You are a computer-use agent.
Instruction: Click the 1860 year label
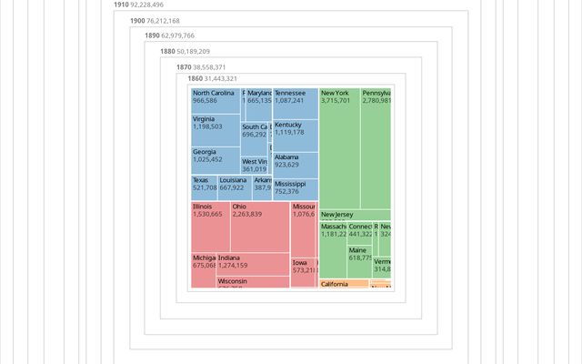click(x=195, y=79)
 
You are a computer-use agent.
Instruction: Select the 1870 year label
click(x=184, y=67)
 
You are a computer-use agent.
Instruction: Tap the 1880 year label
click(x=167, y=52)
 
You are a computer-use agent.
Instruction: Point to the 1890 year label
click(x=152, y=35)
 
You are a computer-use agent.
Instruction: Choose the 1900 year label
click(x=137, y=20)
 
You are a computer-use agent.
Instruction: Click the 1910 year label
click(x=121, y=5)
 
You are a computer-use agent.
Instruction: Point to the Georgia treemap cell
click(x=216, y=160)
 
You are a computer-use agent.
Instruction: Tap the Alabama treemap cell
click(x=296, y=165)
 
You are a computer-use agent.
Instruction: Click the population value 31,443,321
click(x=221, y=79)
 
